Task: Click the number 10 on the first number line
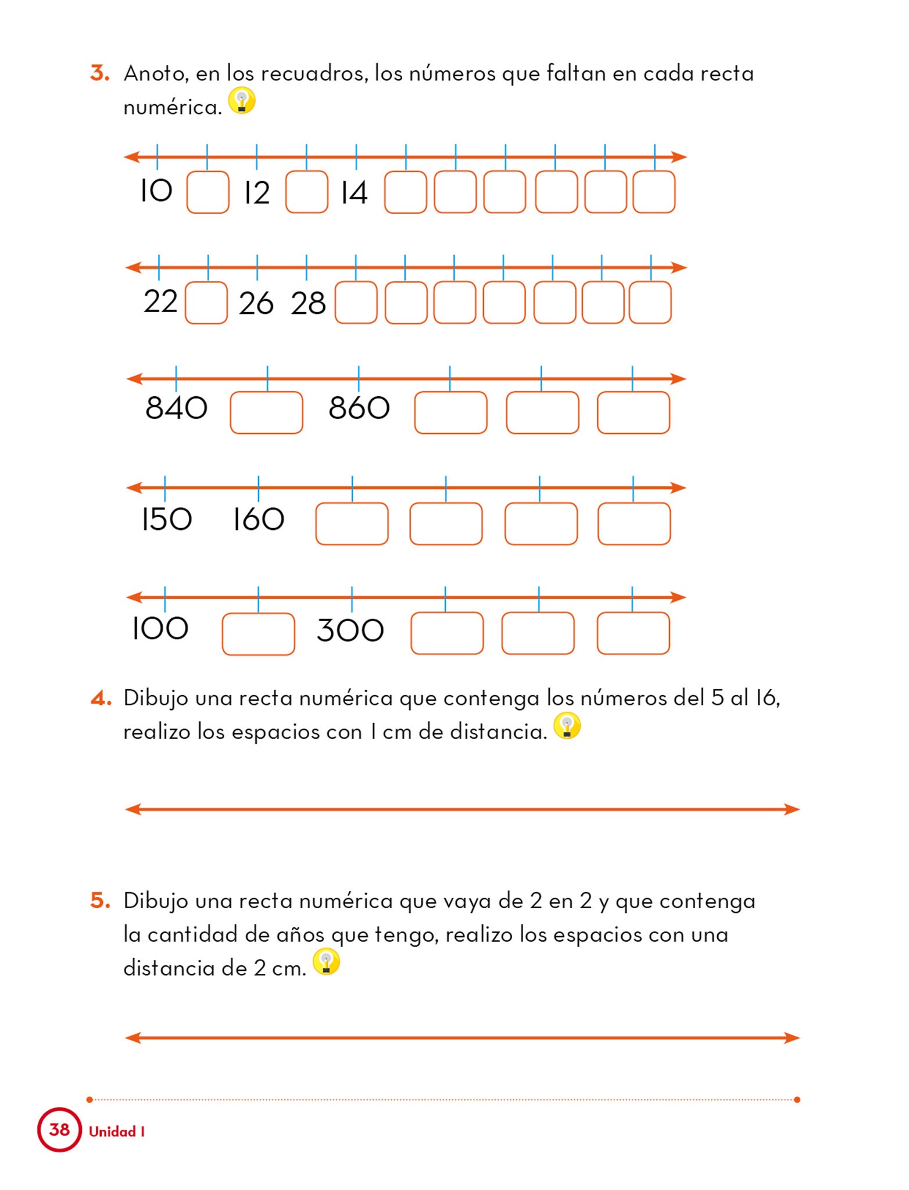point(156,191)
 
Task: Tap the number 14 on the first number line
point(354,192)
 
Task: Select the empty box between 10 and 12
point(207,192)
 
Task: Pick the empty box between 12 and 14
point(306,192)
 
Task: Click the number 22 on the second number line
point(160,302)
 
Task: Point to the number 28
point(308,303)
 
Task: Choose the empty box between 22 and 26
point(206,303)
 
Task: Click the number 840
point(176,408)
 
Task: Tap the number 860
point(359,408)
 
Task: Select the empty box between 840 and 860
point(267,413)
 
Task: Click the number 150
point(166,519)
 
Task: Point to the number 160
point(258,519)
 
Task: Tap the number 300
point(350,630)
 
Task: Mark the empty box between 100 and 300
point(258,634)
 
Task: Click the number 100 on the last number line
point(160,628)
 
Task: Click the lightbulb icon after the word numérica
point(242,101)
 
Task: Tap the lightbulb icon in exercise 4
point(567,726)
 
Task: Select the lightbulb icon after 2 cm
point(326,962)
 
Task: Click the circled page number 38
point(59,1130)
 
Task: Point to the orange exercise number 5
point(100,901)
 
